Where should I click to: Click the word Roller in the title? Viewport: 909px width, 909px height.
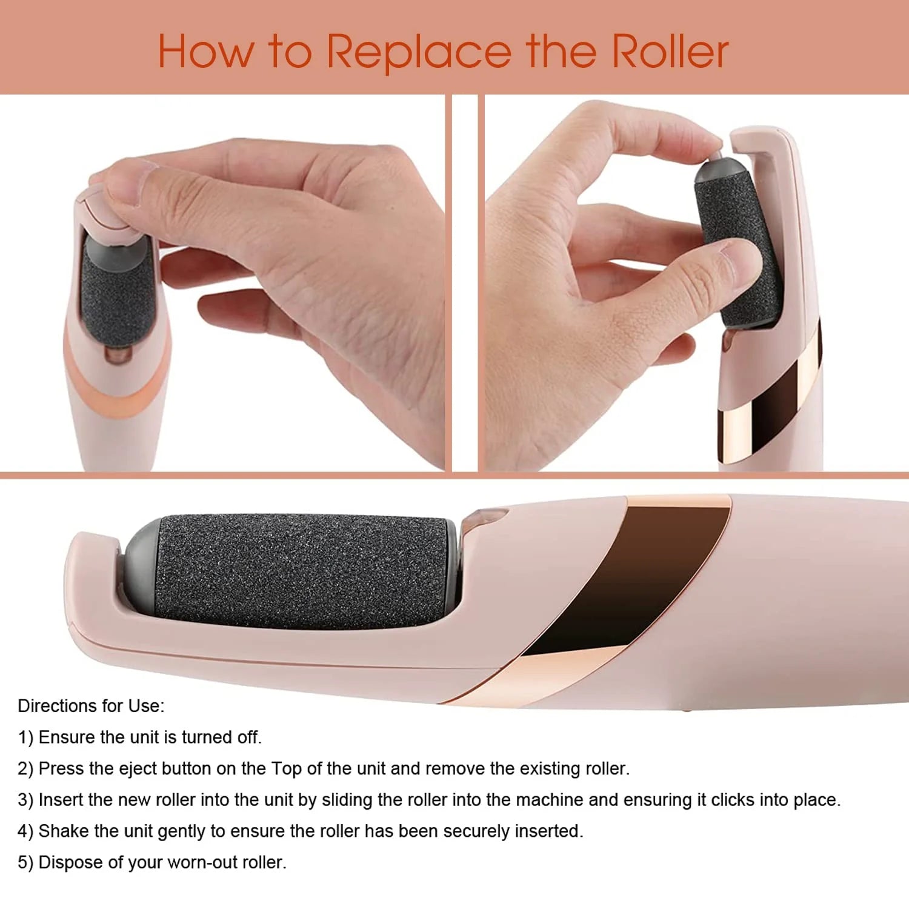[670, 51]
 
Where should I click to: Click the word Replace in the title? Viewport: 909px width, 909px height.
[419, 52]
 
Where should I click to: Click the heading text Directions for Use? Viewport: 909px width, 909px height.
[91, 706]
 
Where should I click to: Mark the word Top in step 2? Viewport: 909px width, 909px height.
[286, 768]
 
